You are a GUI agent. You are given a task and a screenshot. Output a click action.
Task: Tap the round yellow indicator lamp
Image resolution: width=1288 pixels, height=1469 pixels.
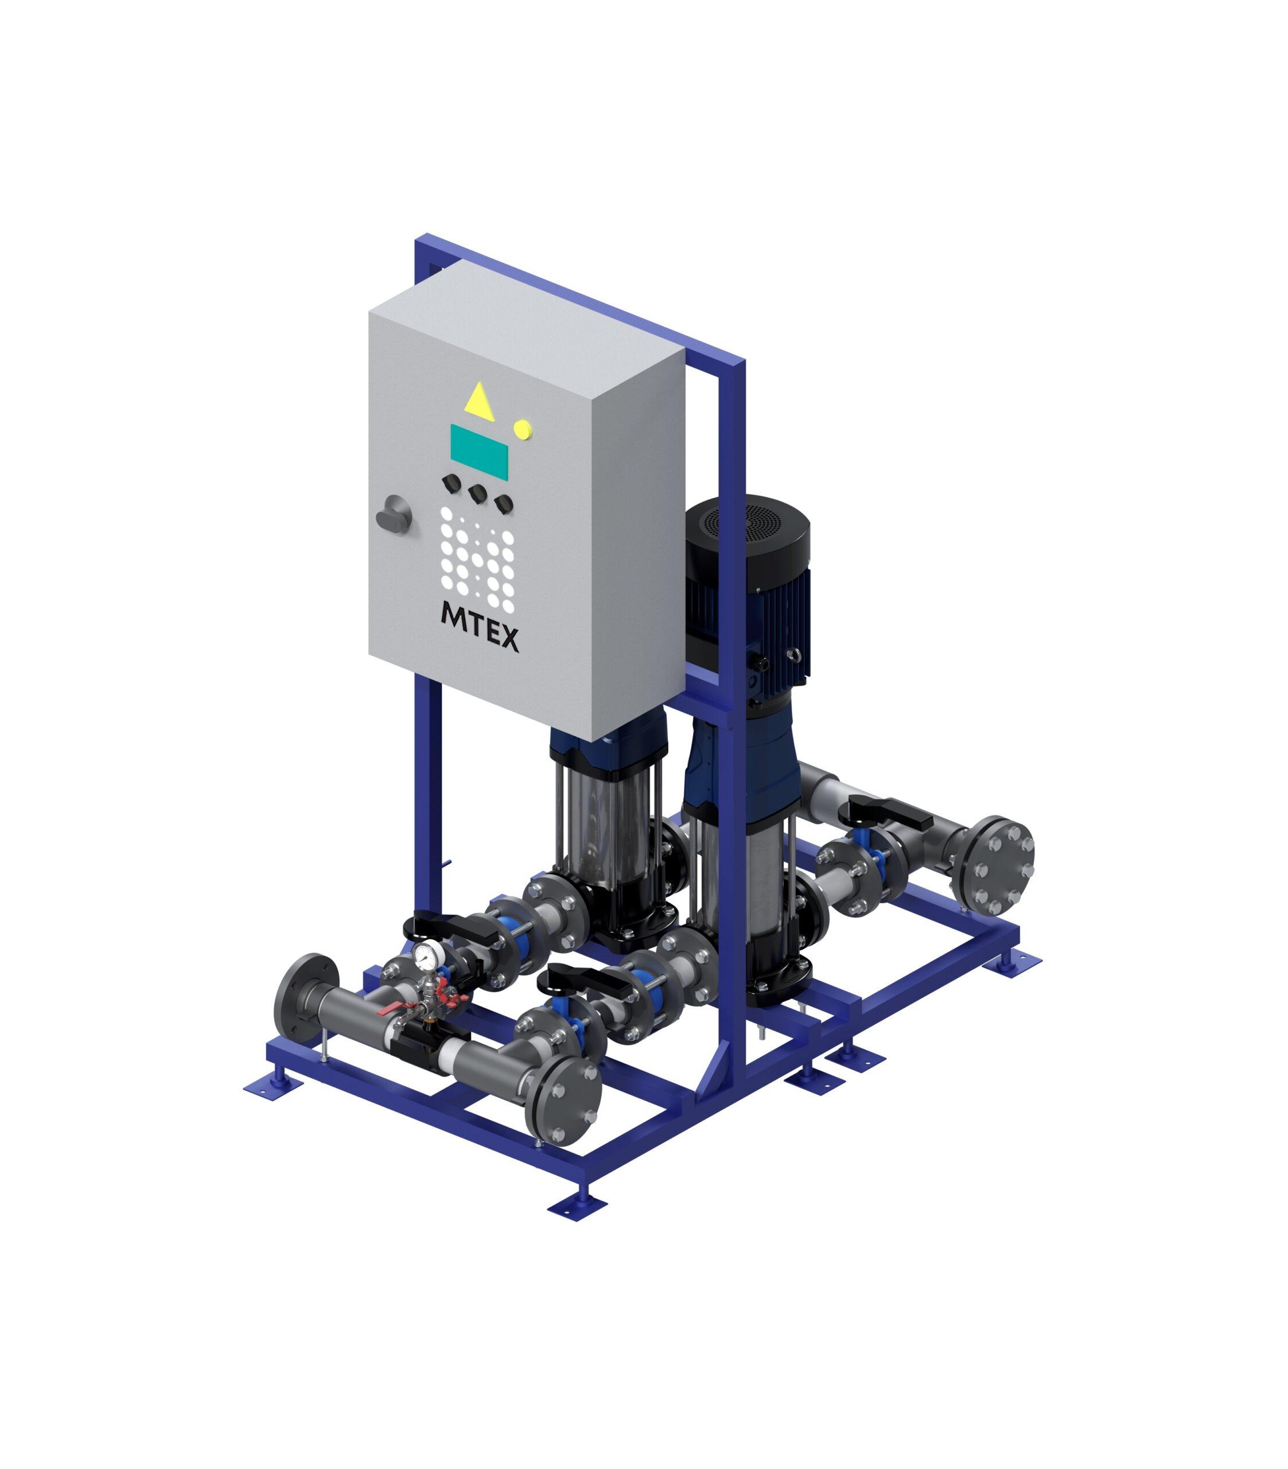tap(523, 429)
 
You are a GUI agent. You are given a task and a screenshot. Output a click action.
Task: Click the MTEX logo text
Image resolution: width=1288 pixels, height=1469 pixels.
tap(480, 626)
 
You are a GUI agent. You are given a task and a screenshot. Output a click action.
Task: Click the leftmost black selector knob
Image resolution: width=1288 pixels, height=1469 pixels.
tap(452, 482)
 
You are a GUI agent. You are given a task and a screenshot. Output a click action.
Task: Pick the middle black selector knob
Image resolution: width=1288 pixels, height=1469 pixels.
tap(477, 493)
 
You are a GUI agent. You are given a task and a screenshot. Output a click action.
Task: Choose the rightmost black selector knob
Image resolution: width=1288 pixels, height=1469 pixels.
tap(503, 503)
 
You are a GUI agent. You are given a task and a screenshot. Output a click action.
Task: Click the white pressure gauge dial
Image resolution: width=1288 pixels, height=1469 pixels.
tap(425, 955)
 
